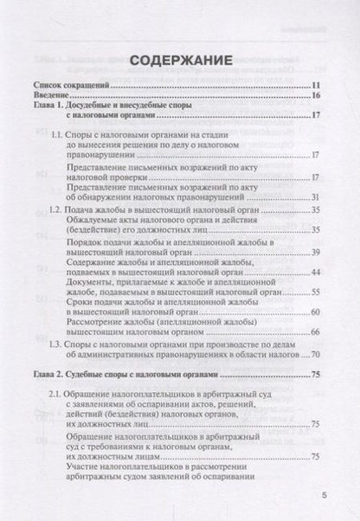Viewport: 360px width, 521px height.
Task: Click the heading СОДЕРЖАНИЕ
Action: tap(179, 62)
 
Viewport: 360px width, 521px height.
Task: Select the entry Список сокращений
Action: tap(71, 87)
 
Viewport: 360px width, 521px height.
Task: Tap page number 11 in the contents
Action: tap(316, 87)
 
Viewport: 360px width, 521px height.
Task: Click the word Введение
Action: tap(53, 99)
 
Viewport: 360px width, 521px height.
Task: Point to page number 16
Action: tap(316, 99)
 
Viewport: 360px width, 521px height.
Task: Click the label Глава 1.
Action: tap(50, 110)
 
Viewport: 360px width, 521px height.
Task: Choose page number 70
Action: tap(316, 353)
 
